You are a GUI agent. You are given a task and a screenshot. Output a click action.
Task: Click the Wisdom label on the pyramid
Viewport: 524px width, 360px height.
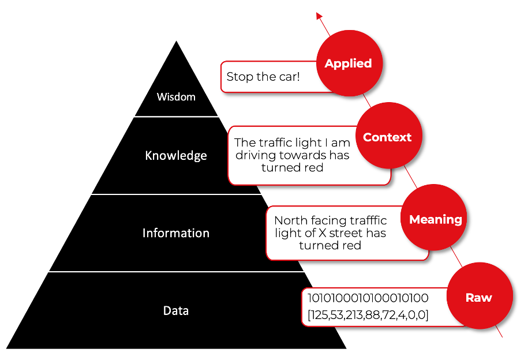point(176,97)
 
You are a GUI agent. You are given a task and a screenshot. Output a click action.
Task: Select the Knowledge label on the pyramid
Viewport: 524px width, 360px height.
point(176,156)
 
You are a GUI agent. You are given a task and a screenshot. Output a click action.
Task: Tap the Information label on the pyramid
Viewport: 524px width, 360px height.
point(176,233)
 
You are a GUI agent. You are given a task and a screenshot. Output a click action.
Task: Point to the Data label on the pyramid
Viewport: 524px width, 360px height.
point(176,310)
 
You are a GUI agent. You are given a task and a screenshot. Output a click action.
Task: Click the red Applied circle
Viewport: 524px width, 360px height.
point(348,63)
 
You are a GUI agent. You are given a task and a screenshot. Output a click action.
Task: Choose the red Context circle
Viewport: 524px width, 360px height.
point(387,137)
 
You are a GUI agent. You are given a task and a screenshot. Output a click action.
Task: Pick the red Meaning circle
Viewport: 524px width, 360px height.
point(436,219)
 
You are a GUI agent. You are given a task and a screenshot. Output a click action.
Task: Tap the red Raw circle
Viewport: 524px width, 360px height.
point(478,298)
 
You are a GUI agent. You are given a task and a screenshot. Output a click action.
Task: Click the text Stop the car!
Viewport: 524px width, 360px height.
point(263,77)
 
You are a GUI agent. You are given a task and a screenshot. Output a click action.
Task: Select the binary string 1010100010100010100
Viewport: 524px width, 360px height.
point(368,298)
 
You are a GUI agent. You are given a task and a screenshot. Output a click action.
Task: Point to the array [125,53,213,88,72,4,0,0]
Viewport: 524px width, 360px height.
point(368,315)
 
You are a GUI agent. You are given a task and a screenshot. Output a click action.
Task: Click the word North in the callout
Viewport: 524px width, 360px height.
point(289,220)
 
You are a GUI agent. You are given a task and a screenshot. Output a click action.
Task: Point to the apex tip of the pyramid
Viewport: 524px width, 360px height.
point(176,42)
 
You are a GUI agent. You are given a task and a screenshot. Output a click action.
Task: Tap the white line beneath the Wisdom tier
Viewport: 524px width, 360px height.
point(176,117)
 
